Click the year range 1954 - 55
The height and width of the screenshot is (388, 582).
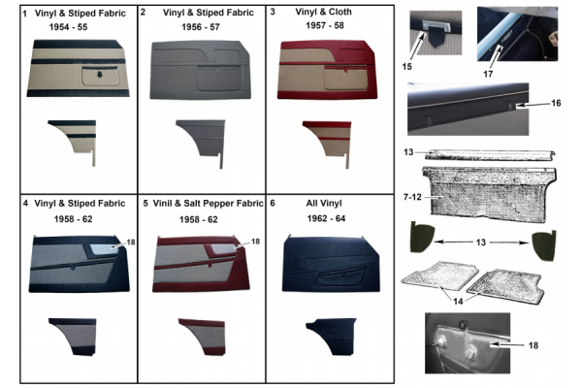click(68, 27)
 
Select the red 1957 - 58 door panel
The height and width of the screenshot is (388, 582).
click(327, 70)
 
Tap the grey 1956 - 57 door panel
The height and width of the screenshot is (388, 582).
click(201, 70)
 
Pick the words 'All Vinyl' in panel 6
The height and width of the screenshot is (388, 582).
click(324, 204)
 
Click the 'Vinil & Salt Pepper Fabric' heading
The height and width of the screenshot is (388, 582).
click(208, 204)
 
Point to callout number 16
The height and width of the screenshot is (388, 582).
click(556, 103)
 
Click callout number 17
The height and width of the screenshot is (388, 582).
click(488, 75)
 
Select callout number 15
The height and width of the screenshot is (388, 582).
click(406, 67)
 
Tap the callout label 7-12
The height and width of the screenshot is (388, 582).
click(412, 197)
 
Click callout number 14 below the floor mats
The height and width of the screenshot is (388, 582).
click(458, 301)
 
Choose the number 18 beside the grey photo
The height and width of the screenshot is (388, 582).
click(533, 345)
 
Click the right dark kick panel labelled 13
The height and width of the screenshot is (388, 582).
click(544, 245)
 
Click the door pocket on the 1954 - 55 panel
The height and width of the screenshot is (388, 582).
click(100, 76)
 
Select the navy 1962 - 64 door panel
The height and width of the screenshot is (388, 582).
click(331, 263)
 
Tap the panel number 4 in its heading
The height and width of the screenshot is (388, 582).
click(25, 204)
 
